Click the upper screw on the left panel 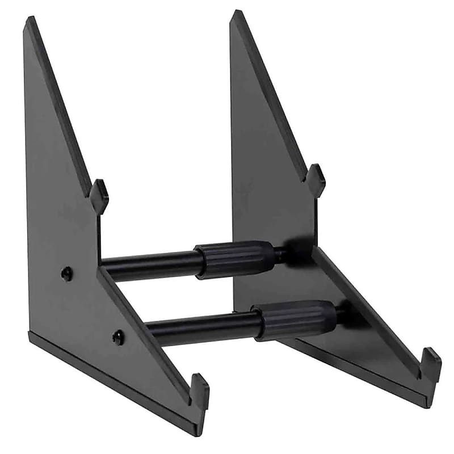point(66,274)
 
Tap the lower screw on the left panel point(118,337)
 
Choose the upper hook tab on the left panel point(99,196)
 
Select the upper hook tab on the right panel point(315,179)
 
